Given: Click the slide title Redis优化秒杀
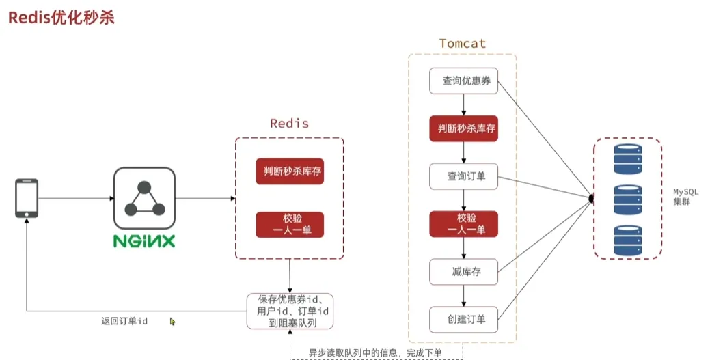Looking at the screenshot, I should click(x=61, y=18).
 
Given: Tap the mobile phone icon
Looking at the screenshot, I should click(x=27, y=199).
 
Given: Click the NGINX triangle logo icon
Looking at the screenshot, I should click(x=143, y=199).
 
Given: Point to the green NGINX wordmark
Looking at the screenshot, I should click(x=144, y=242).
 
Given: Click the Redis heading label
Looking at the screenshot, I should click(x=289, y=124).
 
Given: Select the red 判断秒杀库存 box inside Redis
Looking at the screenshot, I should click(x=289, y=171).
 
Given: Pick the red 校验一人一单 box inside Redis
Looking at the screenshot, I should click(x=289, y=224).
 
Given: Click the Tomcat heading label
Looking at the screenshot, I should click(x=463, y=44).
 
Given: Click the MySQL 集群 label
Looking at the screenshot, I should click(x=685, y=197).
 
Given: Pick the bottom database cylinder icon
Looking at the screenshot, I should click(x=628, y=240).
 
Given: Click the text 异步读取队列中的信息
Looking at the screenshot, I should click(x=355, y=352).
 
